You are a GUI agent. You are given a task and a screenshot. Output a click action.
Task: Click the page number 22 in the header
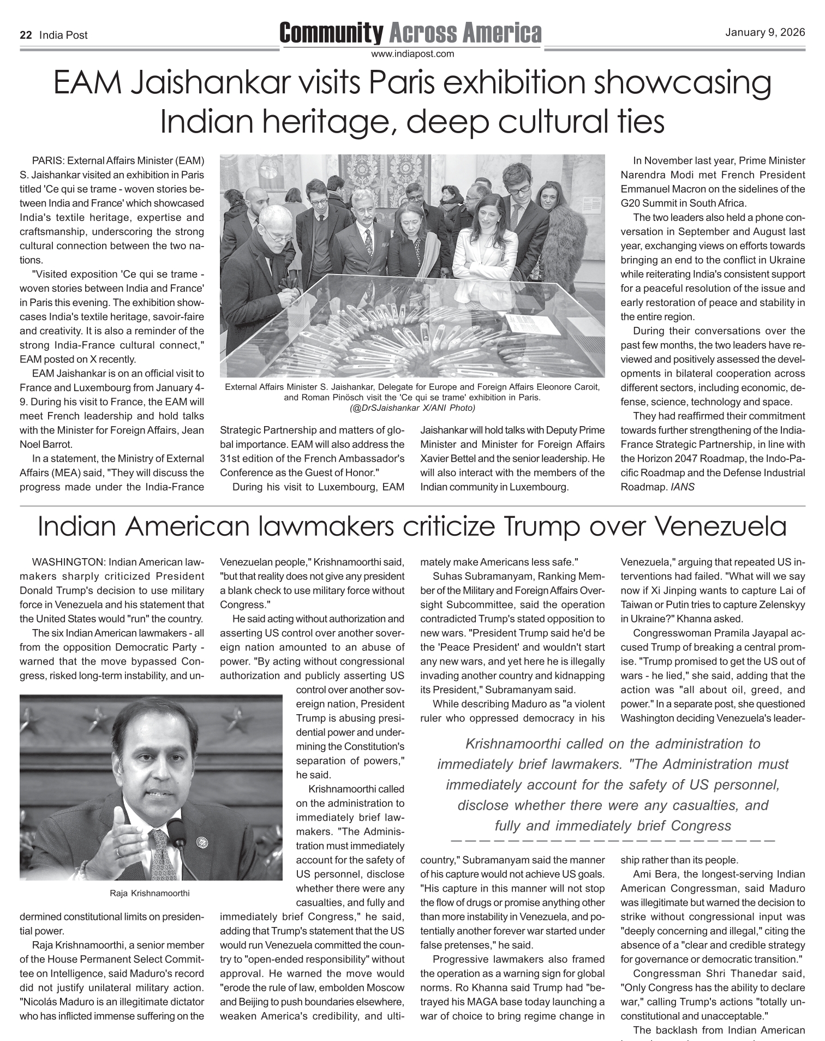point(25,35)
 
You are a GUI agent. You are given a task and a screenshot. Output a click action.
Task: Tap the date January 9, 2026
point(764,33)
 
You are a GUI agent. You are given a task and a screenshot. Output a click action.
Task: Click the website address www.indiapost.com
point(412,54)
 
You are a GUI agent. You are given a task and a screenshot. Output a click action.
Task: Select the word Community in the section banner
point(331,33)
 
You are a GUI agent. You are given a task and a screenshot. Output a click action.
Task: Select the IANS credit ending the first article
point(682,487)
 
